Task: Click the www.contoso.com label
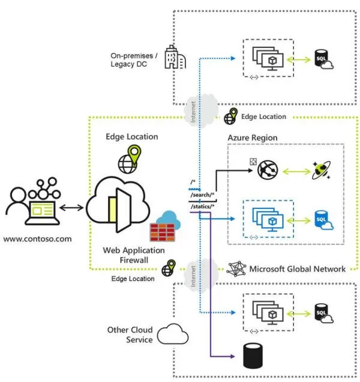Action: click(37, 239)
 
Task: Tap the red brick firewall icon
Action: click(160, 232)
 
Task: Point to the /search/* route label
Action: click(202, 196)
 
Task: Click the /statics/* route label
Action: click(203, 207)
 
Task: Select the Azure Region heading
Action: click(252, 138)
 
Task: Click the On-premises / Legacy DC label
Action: click(131, 59)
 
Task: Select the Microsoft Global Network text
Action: click(297, 268)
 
